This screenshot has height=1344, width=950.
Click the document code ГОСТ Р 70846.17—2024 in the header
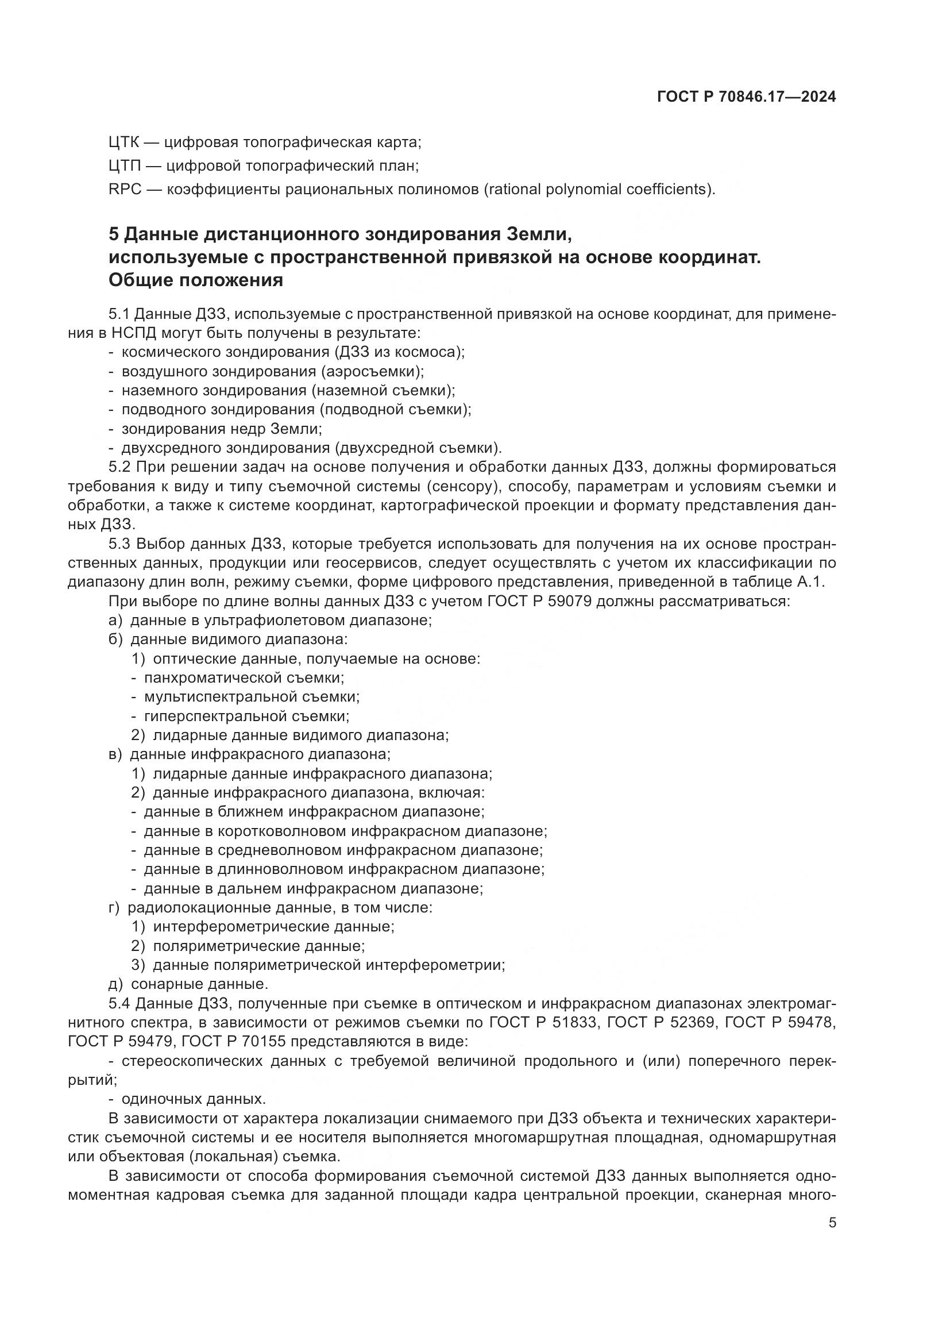pyautogui.click(x=746, y=97)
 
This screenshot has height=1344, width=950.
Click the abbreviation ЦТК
pyautogui.click(x=125, y=143)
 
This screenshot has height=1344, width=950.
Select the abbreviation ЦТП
pyautogui.click(x=125, y=165)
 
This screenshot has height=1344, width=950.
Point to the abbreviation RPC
pyautogui.click(x=125, y=190)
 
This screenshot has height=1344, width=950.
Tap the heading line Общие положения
pyautogui.click(x=195, y=280)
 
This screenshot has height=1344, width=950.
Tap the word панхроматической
pyautogui.click(x=214, y=678)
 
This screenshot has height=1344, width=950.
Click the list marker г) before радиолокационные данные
pyautogui.click(x=114, y=908)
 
